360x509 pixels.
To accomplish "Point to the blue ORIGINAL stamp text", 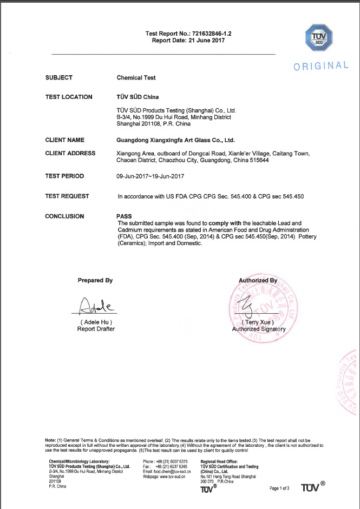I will point(320,66).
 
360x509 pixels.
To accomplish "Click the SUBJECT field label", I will point(58,78).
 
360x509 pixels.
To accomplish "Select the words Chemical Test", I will point(136,78).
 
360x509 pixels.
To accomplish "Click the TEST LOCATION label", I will point(69,97).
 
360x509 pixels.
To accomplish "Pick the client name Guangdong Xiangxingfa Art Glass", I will point(175,140).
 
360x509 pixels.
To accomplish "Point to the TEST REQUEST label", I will point(67,196).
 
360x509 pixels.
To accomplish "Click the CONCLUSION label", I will point(64,216).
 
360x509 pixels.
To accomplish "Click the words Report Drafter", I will point(96,329).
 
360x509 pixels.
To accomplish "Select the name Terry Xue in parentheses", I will point(258,322).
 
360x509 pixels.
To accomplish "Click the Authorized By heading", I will point(258,281).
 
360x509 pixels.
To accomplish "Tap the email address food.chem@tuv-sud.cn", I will point(171,471).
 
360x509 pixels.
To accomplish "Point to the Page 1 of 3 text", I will point(280,488).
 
